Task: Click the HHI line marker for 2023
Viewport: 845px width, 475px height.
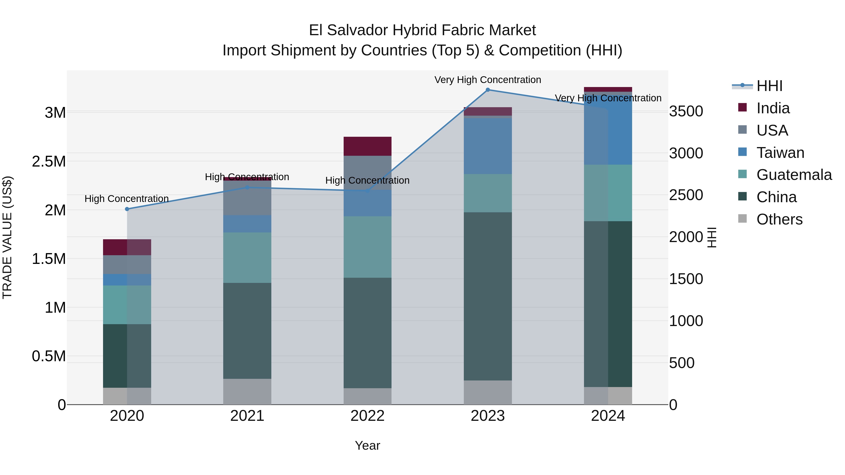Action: [x=488, y=90]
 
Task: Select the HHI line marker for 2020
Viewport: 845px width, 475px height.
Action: [x=127, y=209]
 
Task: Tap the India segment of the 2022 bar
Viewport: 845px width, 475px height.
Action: [x=367, y=146]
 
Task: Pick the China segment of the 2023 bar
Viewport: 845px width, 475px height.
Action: [x=488, y=296]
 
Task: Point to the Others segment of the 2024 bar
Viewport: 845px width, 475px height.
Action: [x=608, y=396]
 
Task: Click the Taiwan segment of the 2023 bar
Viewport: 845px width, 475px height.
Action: [x=488, y=146]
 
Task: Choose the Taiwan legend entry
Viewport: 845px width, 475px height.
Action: [x=780, y=153]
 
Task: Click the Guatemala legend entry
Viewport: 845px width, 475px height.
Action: [x=794, y=175]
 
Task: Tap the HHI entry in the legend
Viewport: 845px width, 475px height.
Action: [x=769, y=86]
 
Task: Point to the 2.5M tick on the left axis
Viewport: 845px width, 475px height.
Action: [x=49, y=161]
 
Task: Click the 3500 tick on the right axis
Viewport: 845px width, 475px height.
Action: [x=686, y=111]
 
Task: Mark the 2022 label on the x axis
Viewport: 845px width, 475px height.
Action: [x=367, y=416]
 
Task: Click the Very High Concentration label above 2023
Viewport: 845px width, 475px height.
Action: [x=488, y=80]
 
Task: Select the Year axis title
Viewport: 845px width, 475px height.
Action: [x=367, y=445]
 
